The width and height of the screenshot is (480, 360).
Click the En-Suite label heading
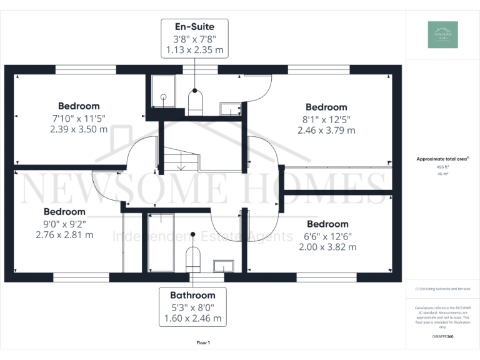click(194, 27)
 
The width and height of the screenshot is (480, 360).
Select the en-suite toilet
click(196, 103)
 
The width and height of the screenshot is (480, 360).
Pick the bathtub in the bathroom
click(161, 242)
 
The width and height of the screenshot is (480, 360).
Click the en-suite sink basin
click(230, 109)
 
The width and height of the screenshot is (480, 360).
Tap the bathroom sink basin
click(223, 266)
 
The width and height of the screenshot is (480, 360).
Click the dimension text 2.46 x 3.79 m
click(326, 131)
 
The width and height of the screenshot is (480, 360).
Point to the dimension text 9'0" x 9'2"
click(64, 223)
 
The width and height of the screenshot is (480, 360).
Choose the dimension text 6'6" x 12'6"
click(327, 236)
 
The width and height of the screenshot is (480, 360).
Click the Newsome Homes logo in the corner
click(442, 35)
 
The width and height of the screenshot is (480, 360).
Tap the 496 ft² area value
click(442, 167)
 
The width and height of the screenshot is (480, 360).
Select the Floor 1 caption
click(203, 343)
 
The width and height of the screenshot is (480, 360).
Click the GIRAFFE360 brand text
click(442, 336)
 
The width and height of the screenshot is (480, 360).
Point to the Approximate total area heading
click(442, 159)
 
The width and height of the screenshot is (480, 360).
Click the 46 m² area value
click(442, 175)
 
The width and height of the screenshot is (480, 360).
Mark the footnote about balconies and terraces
click(442, 289)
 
